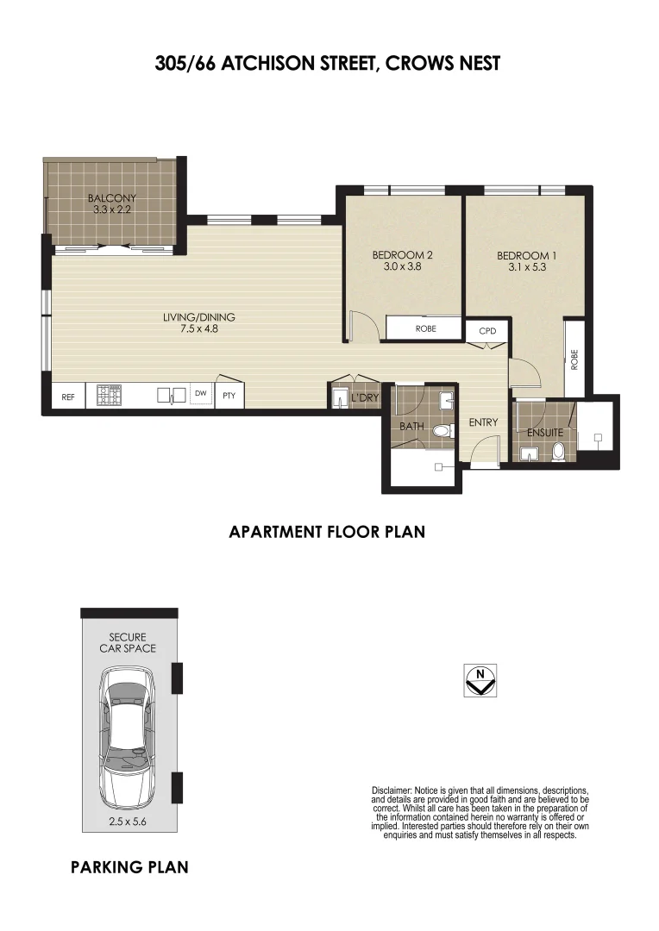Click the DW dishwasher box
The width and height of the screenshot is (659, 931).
point(200,395)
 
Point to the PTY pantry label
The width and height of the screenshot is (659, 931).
point(229,397)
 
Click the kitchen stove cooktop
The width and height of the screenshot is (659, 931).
point(110,396)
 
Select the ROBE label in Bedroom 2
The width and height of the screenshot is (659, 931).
point(425,328)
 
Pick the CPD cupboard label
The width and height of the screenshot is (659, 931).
point(477,331)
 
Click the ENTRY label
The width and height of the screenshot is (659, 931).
point(483,422)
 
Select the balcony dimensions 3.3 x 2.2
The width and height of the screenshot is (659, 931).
point(112,209)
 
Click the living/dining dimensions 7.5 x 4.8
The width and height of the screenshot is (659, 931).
point(198,328)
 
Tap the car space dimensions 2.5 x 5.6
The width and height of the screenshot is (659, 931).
point(129,822)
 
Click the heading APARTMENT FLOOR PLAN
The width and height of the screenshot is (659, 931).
point(327,532)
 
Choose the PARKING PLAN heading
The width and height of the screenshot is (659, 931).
point(129,867)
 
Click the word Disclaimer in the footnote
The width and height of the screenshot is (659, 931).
point(392,790)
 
